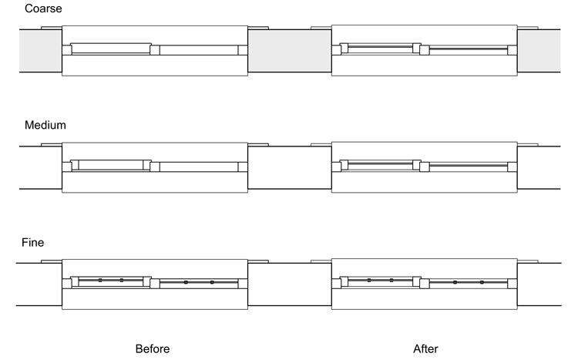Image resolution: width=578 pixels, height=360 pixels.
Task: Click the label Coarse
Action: tap(43, 8)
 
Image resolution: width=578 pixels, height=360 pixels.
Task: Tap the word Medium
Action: tap(45, 125)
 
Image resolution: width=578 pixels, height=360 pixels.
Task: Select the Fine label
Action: tap(33, 242)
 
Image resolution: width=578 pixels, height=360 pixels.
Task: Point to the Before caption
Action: tap(153, 348)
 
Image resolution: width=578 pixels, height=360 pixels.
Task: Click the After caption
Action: tap(425, 348)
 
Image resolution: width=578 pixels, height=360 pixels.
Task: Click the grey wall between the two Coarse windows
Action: tap(290, 51)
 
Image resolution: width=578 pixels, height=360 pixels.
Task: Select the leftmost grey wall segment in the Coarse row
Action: tap(41, 51)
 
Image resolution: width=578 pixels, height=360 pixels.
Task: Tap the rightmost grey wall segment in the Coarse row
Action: tap(539, 51)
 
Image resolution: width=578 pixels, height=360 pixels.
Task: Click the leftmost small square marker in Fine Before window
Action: tap(100, 281)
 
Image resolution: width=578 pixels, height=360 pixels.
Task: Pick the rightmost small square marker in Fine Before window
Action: tap(212, 282)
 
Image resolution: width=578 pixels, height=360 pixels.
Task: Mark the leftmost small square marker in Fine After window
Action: tap(369, 281)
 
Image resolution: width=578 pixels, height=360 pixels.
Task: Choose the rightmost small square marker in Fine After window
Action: tap(482, 282)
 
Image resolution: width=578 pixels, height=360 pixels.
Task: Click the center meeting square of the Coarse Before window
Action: tap(155, 50)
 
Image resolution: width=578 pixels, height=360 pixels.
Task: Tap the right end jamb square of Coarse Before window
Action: tap(243, 50)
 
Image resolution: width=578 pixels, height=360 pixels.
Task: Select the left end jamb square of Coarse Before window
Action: tap(67, 50)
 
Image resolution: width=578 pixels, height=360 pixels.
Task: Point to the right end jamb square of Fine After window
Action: tap(512, 284)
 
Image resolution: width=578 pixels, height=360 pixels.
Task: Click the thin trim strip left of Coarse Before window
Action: tap(51, 28)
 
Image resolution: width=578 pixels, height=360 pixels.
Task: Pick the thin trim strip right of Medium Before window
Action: tap(258, 145)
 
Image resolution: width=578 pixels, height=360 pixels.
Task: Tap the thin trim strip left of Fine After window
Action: tap(321, 261)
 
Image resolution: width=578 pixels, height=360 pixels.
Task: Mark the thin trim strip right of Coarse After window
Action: tap(528, 28)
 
